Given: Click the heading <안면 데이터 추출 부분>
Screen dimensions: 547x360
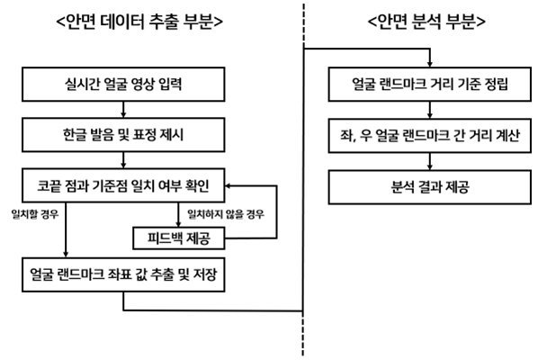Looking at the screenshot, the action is pyautogui.click(x=139, y=22).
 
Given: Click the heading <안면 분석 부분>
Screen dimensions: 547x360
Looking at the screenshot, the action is pyautogui.click(x=426, y=22).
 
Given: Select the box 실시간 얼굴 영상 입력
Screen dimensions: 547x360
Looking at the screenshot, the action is pyautogui.click(x=123, y=85).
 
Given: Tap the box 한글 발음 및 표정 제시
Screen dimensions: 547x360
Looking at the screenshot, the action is pyautogui.click(x=123, y=135).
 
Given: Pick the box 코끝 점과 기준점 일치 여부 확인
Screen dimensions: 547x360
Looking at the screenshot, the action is pyautogui.click(x=123, y=185).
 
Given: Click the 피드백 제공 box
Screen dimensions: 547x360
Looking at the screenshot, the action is pyautogui.click(x=179, y=238).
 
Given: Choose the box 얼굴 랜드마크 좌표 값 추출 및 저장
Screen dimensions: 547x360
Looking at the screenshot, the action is pyautogui.click(x=123, y=274).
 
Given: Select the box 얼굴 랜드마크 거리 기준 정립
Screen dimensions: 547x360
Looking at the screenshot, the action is pyautogui.click(x=430, y=85).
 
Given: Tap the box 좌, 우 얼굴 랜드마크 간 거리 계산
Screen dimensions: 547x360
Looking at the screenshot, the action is pyautogui.click(x=430, y=135).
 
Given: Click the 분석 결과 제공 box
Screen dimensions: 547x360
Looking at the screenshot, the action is pyautogui.click(x=430, y=187).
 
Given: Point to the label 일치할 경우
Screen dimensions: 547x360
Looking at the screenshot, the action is pyautogui.click(x=35, y=214).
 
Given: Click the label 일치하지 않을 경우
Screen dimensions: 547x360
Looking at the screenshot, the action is pyautogui.click(x=226, y=214).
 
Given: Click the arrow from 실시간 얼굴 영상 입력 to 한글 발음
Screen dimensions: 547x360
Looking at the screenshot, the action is pyautogui.click(x=123, y=110).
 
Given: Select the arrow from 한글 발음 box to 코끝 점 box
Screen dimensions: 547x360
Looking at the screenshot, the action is pyautogui.click(x=123, y=160).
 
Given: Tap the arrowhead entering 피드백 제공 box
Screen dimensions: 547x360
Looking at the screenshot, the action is pyautogui.click(x=178, y=224).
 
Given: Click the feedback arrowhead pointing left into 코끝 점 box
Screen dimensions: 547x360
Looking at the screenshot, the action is pyautogui.click(x=229, y=185).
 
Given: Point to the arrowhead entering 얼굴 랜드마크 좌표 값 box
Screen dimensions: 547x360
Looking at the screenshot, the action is pyautogui.click(x=66, y=255).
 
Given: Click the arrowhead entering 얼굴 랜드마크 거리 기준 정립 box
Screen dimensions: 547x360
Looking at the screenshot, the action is pyautogui.click(x=430, y=64).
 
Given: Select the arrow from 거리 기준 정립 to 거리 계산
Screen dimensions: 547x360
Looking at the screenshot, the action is pyautogui.click(x=430, y=110).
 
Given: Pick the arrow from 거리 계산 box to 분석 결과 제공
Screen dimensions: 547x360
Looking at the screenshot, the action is pyautogui.click(x=430, y=161).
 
